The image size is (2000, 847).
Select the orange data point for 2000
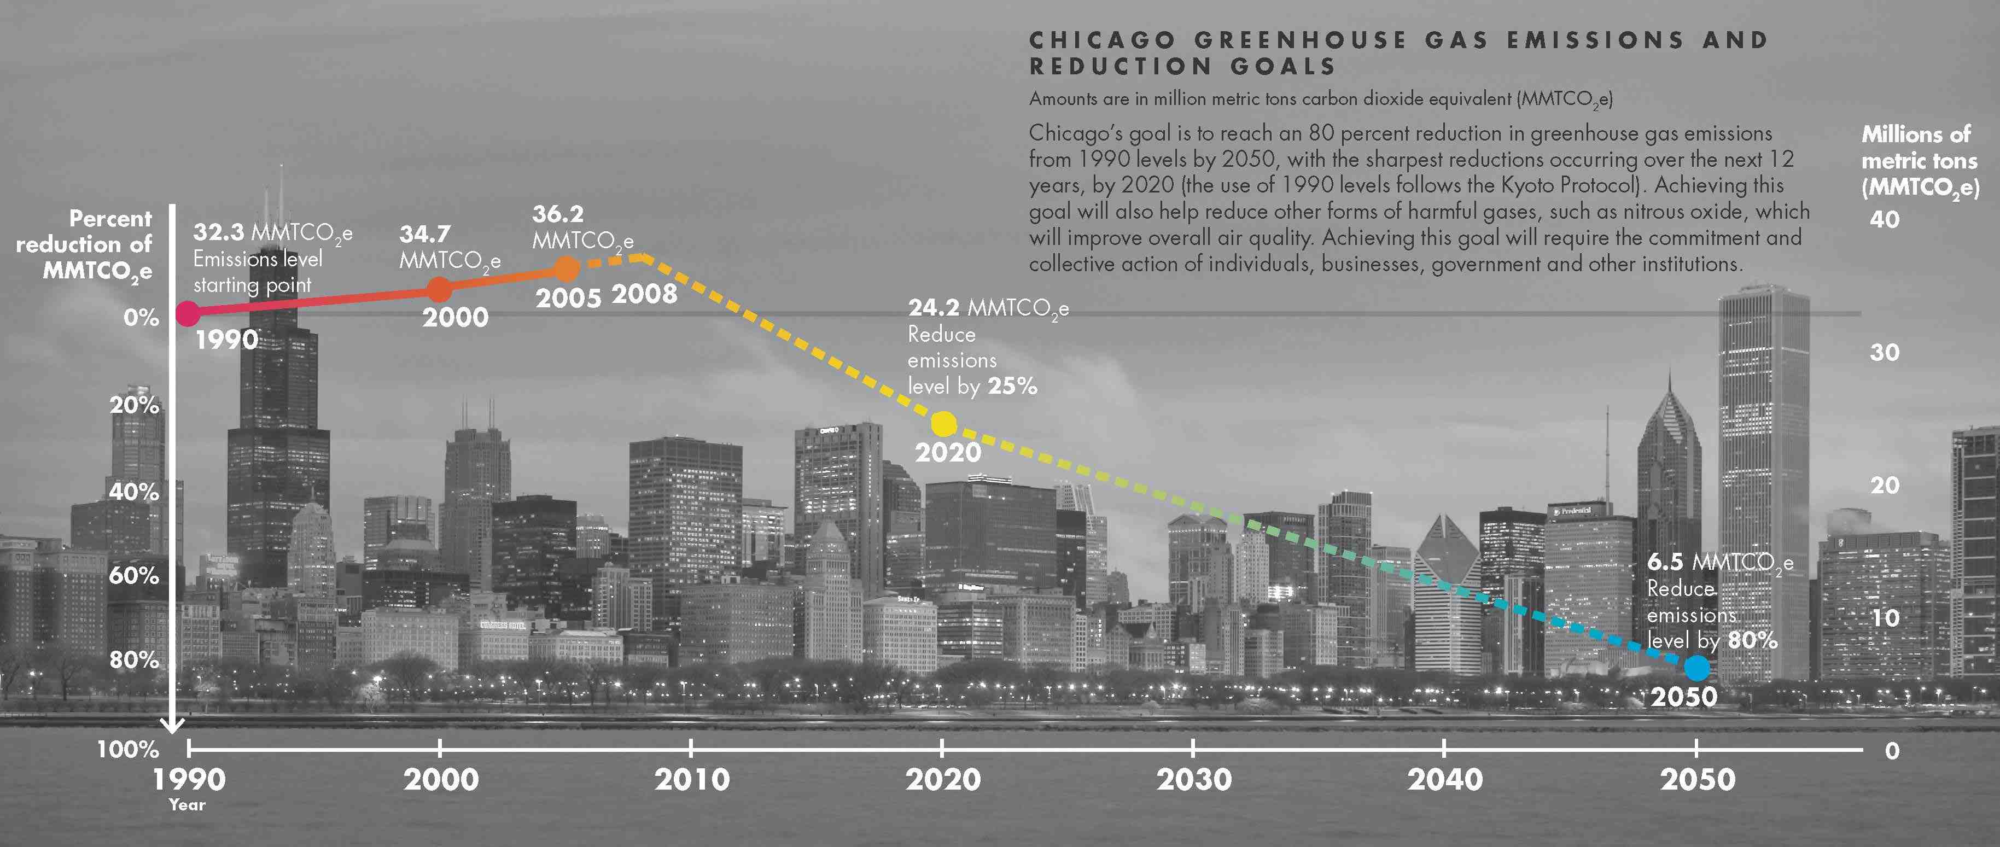tap(440, 290)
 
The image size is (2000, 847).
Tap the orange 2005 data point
tap(568, 270)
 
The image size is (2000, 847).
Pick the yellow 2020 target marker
tap(943, 424)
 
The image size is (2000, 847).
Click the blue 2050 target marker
tap(1696, 667)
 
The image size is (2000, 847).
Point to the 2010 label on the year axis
tap(692, 779)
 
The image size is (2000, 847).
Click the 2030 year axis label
tap(1194, 779)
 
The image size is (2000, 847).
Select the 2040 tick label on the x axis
tap(1445, 779)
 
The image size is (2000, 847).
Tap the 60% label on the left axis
tap(133, 575)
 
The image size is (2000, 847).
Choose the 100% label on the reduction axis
tap(128, 749)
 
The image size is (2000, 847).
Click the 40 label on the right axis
tap(1884, 220)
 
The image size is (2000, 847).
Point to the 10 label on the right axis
tap(1884, 618)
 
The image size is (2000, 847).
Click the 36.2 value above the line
tap(557, 213)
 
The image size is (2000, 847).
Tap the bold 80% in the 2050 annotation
tap(1753, 640)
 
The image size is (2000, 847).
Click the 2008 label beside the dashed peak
tap(644, 294)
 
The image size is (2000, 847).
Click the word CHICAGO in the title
tap(1101, 40)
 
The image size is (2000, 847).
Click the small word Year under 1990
tap(187, 805)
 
